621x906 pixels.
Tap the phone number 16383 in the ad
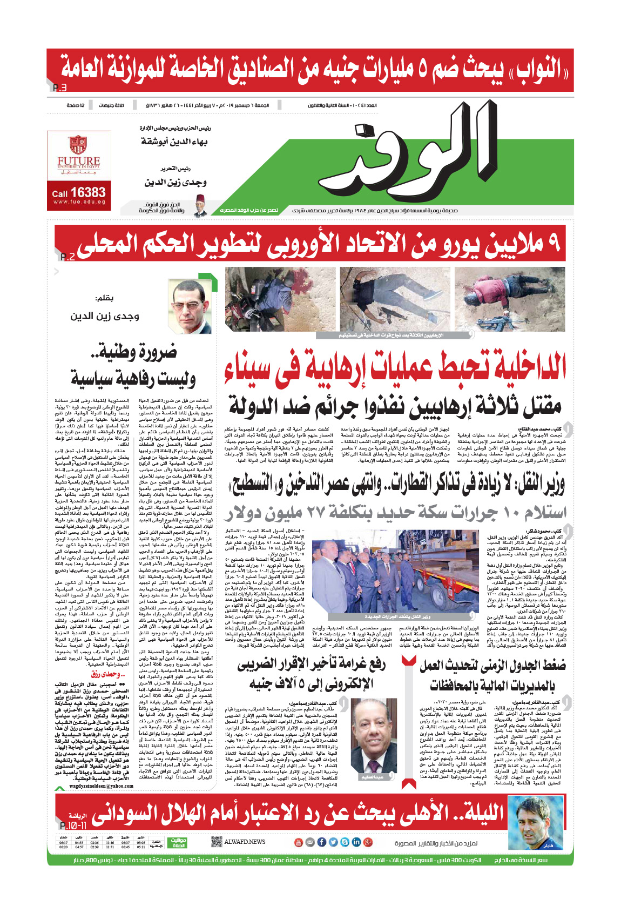[x=87, y=192]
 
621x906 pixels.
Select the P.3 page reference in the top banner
[x=60, y=88]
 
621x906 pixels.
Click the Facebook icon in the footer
[x=321, y=842]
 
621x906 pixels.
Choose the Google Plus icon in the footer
[x=368, y=842]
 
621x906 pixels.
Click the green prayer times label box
[x=178, y=842]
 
